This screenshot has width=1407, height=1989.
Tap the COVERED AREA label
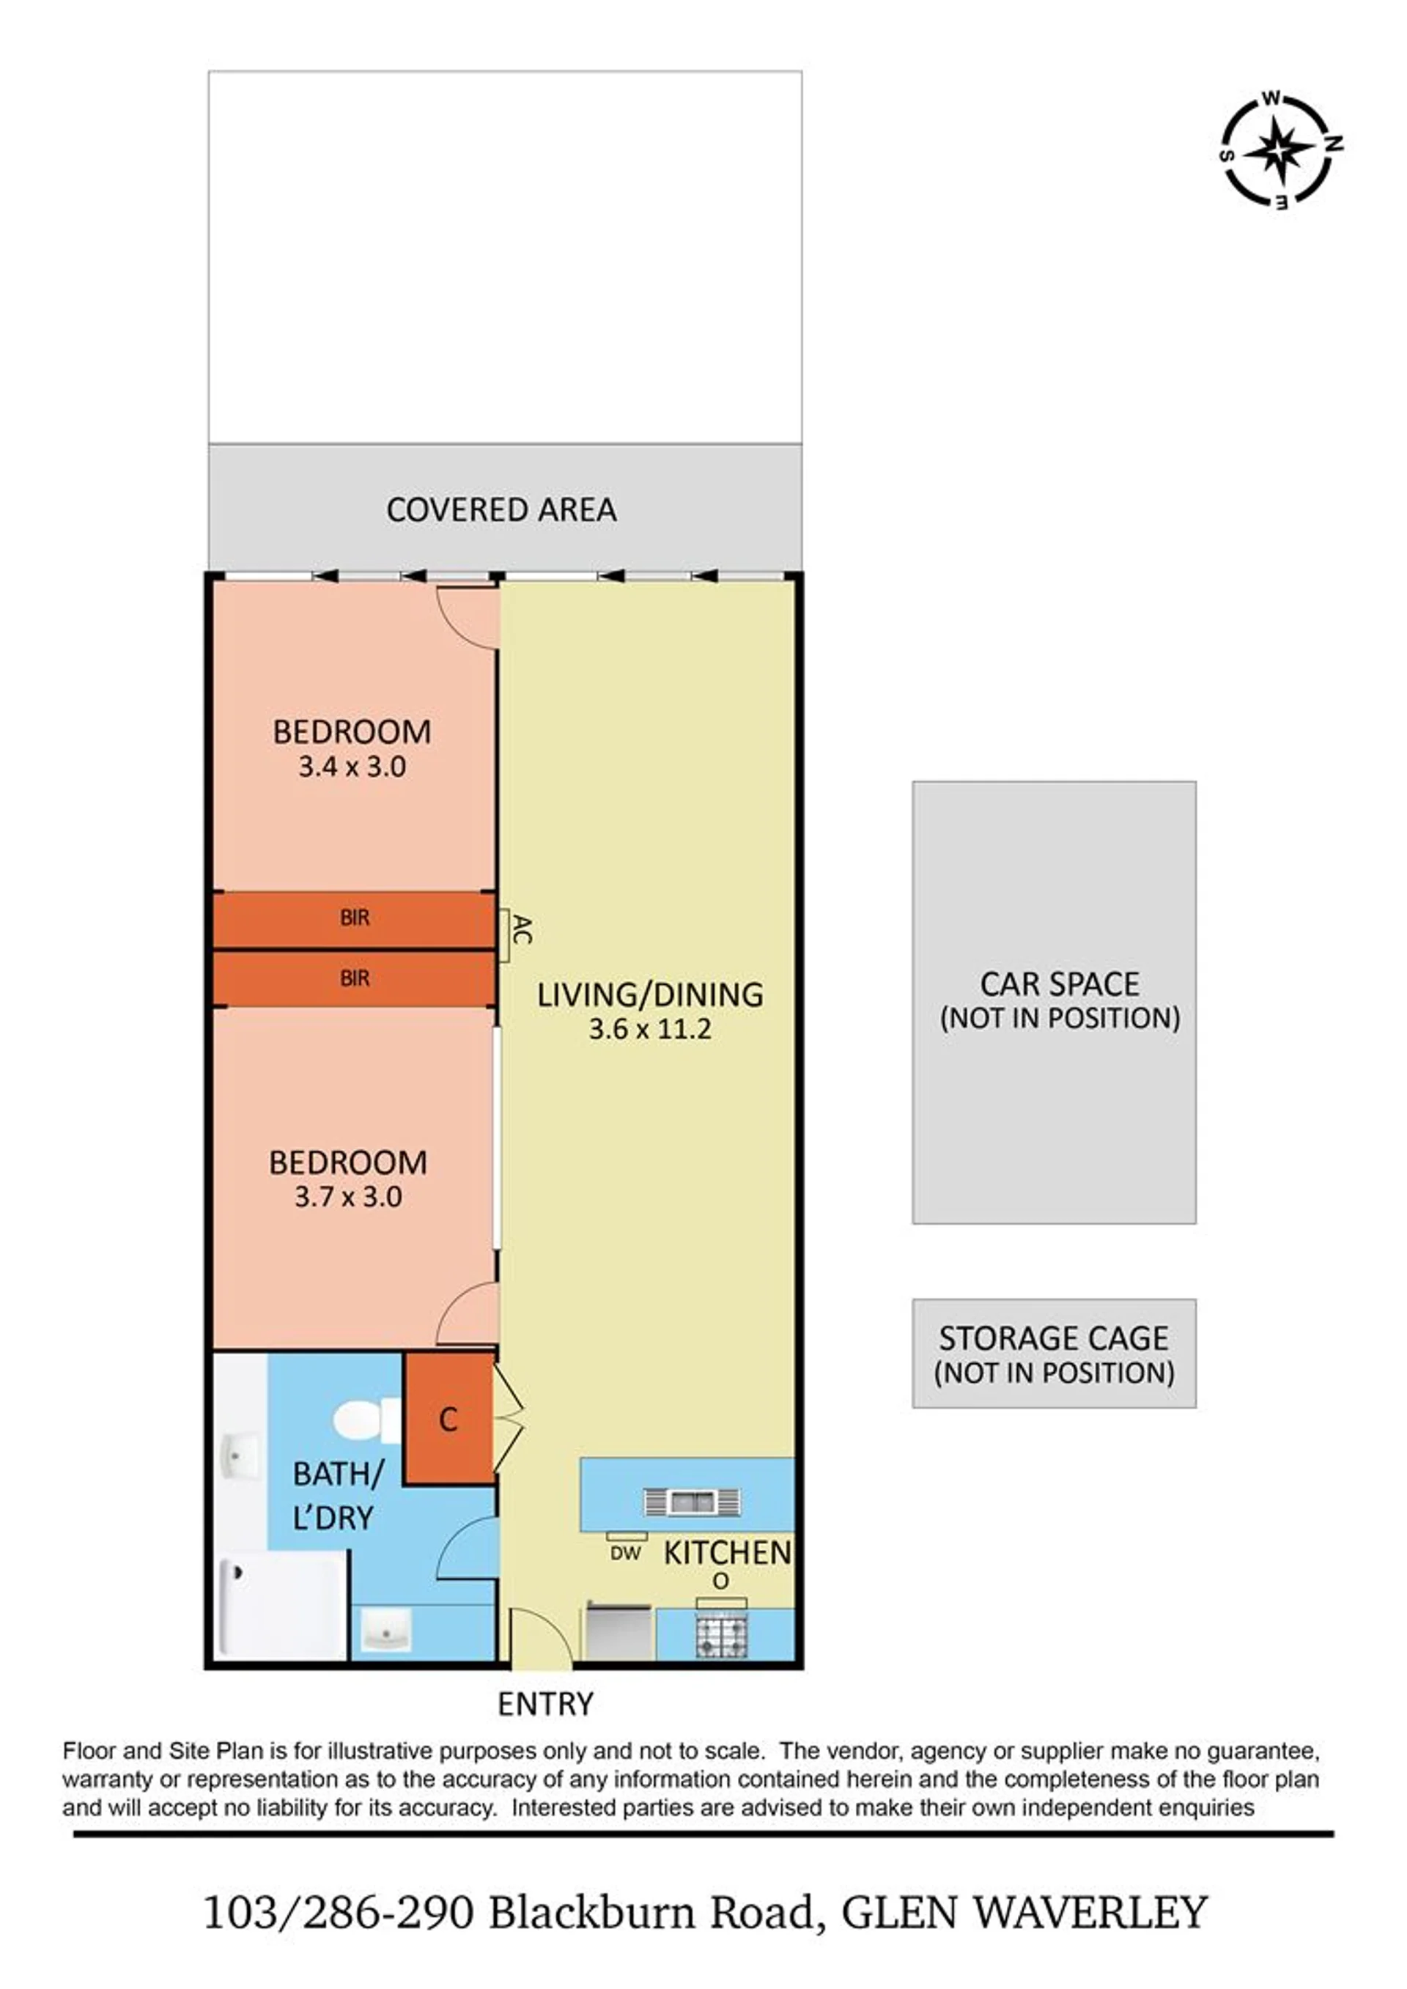click(502, 509)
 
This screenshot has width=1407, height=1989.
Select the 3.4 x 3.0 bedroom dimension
click(352, 767)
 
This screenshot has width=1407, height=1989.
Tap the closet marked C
click(448, 1419)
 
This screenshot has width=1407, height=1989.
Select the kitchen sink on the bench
click(691, 1502)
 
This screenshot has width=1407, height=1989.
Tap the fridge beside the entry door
click(618, 1632)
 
